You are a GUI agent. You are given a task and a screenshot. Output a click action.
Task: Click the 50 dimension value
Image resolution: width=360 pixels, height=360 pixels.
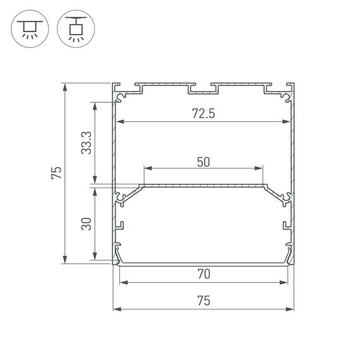coord(203,162)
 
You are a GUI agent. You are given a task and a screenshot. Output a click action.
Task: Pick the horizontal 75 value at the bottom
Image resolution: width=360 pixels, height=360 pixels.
coord(203,302)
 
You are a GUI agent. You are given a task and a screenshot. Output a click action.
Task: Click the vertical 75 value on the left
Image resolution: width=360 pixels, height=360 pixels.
coord(56,173)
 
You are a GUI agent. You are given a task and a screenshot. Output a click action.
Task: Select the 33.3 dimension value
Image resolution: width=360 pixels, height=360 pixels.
coord(87,143)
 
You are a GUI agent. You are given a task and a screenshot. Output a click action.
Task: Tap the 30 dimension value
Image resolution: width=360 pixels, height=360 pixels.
coord(87,224)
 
